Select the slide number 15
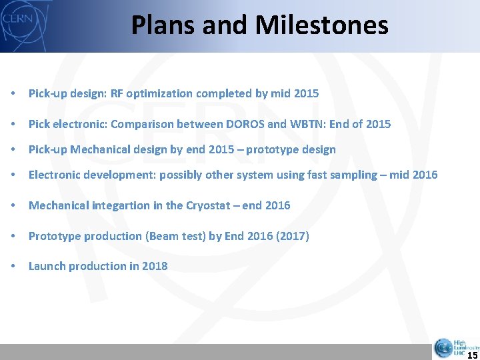pyautogui.click(x=472, y=355)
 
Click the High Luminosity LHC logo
pyautogui.click(x=455, y=347)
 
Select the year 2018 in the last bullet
pyautogui.click(x=155, y=266)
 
